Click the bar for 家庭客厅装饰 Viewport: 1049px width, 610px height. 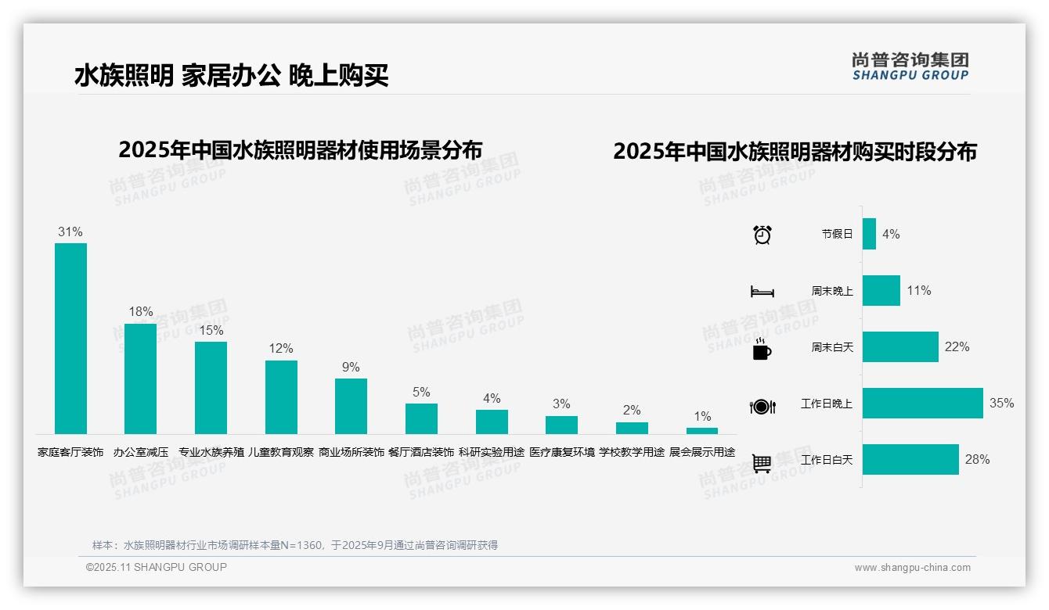click(70, 339)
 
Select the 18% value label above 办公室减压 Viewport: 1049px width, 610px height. click(141, 312)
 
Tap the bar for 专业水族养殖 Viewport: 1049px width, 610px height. click(211, 388)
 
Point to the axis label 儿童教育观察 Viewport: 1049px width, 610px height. click(281, 452)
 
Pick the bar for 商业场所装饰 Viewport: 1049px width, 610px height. click(351, 407)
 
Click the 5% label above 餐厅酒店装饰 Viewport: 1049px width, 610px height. click(421, 393)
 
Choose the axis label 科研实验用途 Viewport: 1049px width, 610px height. click(492, 452)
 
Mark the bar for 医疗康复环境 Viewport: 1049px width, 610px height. click(561, 425)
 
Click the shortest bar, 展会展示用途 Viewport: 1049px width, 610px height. click(702, 431)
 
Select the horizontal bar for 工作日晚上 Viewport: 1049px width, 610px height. click(922, 404)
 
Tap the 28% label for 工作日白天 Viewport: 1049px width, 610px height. click(977, 460)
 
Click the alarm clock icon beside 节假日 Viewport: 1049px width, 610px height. click(762, 235)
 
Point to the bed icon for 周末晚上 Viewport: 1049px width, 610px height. click(762, 292)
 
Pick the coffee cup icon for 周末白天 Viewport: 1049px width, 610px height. click(762, 349)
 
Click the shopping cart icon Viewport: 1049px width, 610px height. click(762, 464)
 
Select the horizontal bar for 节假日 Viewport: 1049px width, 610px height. click(869, 234)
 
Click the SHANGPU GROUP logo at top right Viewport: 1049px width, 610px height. click(910, 66)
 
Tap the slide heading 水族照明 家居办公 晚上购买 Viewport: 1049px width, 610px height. click(232, 76)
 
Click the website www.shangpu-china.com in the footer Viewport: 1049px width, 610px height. click(912, 568)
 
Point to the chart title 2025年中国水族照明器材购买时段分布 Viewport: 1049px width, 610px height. click(795, 152)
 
